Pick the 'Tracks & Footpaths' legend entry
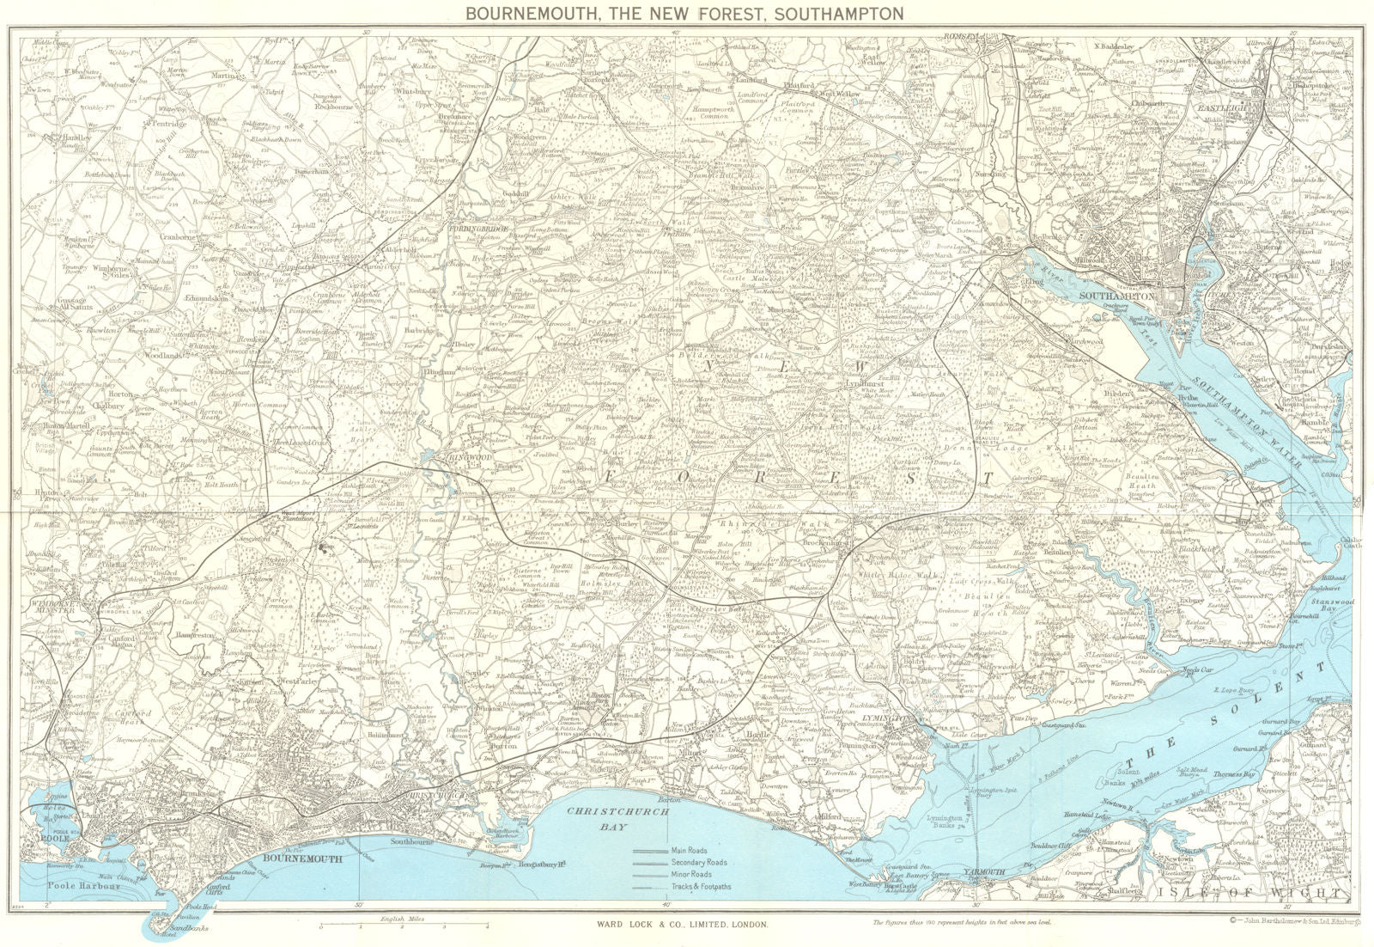pyautogui.click(x=702, y=885)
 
